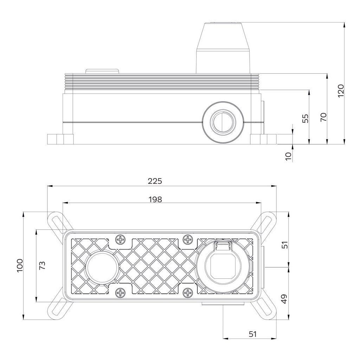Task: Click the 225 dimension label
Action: tap(155, 181)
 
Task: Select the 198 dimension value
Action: tap(155, 199)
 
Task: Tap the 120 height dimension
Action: tap(340, 91)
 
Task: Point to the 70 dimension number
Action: tap(323, 117)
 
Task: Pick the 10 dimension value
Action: tap(289, 156)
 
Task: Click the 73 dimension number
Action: tap(42, 265)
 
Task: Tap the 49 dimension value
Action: tap(284, 299)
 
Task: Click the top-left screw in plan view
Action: tap(121, 240)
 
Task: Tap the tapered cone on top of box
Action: tap(223, 47)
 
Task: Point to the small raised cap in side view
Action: tap(103, 71)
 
